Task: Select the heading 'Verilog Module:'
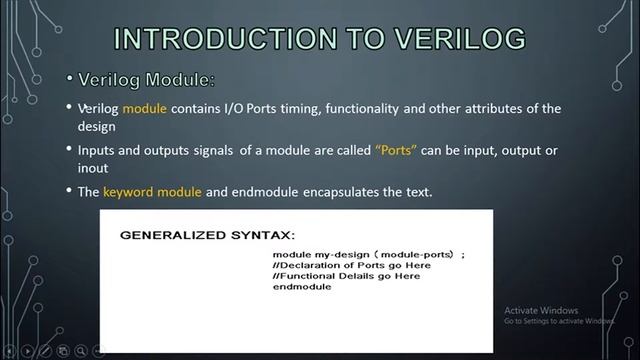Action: [146, 78]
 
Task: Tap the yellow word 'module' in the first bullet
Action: [144, 108]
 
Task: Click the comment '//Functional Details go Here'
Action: [346, 276]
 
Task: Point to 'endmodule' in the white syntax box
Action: [301, 287]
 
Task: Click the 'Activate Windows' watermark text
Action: [541, 310]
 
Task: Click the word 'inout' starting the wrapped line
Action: [93, 169]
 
